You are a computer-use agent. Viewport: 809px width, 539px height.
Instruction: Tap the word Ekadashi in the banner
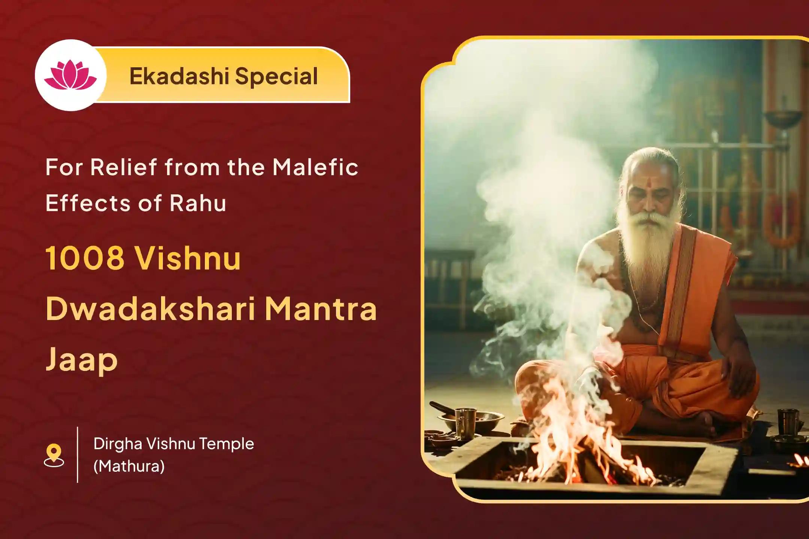[x=179, y=76]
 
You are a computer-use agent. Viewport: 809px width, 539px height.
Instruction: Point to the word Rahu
[x=198, y=203]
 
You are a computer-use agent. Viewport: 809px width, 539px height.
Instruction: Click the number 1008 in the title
[x=85, y=258]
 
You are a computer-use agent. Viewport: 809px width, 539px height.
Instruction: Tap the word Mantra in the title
[x=321, y=310]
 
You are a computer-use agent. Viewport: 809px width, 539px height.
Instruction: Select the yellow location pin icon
[x=54, y=455]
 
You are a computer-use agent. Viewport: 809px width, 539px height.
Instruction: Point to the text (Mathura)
[x=129, y=466]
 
